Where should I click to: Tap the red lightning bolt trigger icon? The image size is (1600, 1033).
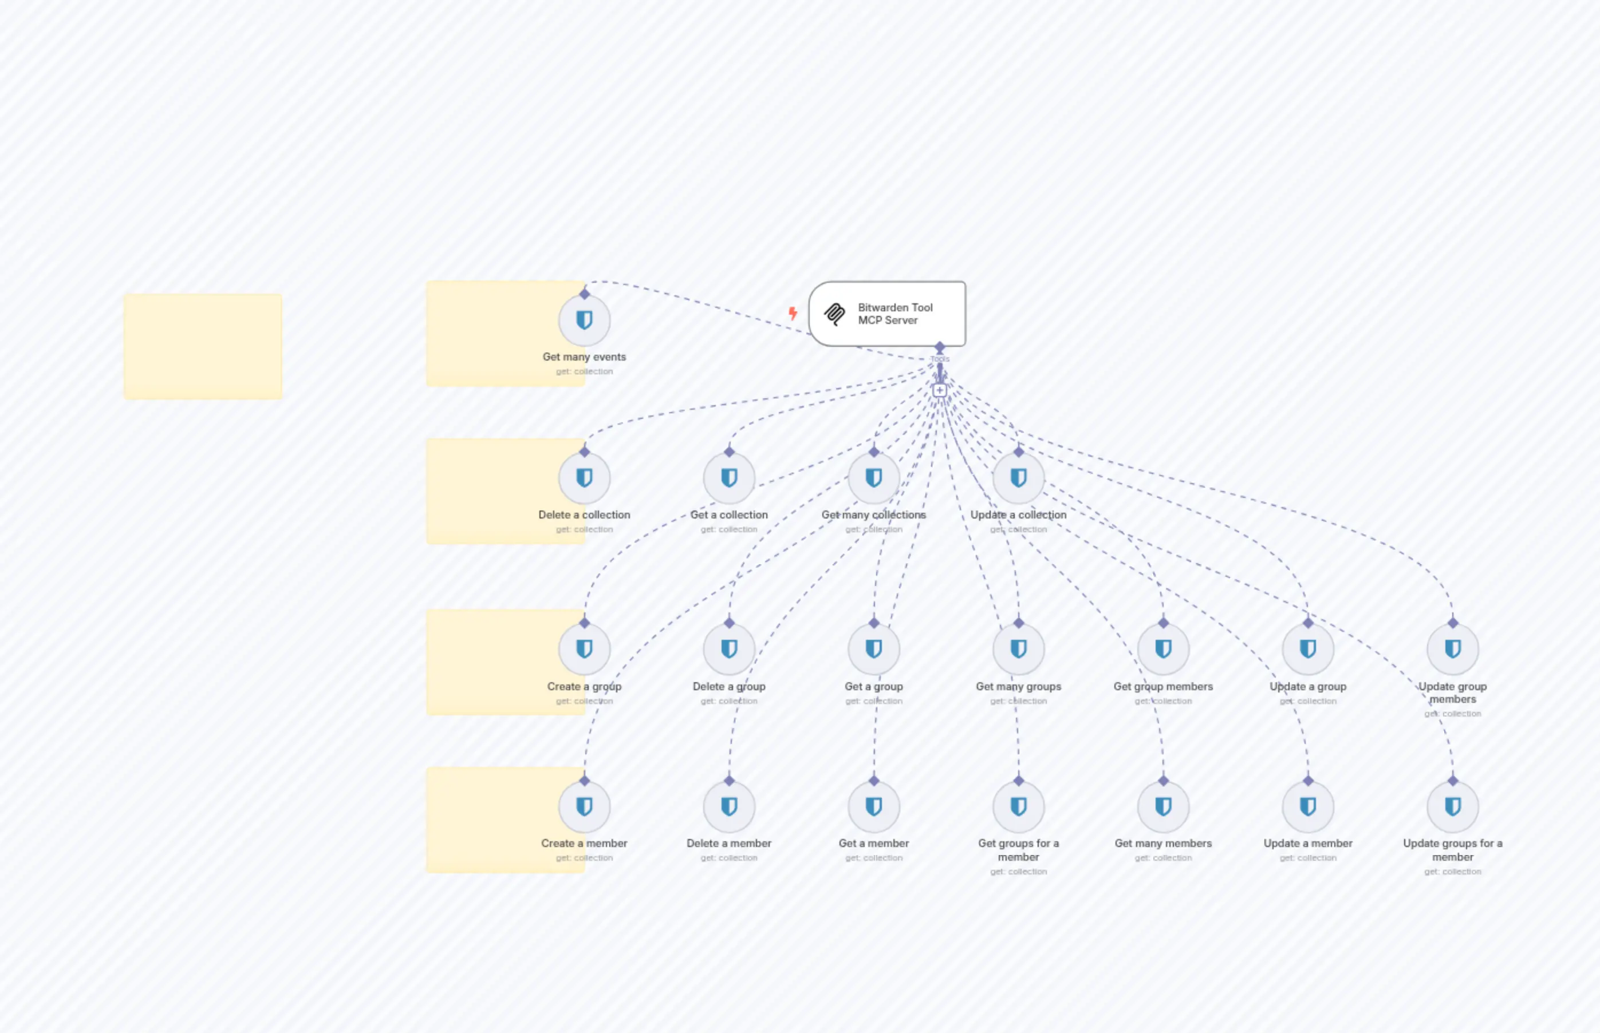[x=793, y=313]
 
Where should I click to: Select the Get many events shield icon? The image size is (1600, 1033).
[x=584, y=320]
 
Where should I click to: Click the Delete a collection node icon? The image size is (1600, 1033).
[x=584, y=478]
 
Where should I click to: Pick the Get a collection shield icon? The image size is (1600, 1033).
[x=729, y=478]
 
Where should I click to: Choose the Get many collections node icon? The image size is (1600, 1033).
[x=873, y=478]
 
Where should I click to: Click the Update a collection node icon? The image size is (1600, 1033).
[x=1018, y=478]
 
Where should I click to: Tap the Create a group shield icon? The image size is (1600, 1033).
[x=584, y=648]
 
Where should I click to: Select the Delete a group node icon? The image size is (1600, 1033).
[x=729, y=648]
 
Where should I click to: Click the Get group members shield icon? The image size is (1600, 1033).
[x=1163, y=648]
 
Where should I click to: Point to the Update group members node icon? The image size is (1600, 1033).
[x=1452, y=648]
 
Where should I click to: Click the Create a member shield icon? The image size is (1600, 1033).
[x=584, y=806]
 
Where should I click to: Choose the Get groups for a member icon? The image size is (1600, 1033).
[x=1018, y=806]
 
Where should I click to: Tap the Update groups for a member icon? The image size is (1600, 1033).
[x=1452, y=806]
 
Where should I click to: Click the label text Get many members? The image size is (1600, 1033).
[x=1163, y=843]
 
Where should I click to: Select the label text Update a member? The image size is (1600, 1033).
[x=1307, y=843]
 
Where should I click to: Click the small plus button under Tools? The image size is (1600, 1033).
[x=940, y=390]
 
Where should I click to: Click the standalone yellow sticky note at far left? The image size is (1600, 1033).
[x=203, y=346]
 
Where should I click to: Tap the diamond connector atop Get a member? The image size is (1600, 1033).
[x=873, y=781]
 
